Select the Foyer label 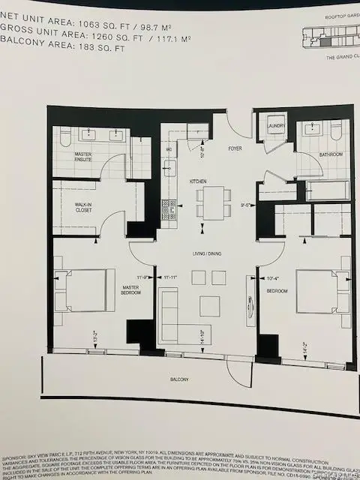235,148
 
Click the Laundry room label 275,126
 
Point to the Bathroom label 331,154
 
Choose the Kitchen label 198,181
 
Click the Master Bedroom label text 131,289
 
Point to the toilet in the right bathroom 336,133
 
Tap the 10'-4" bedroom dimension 274,278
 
